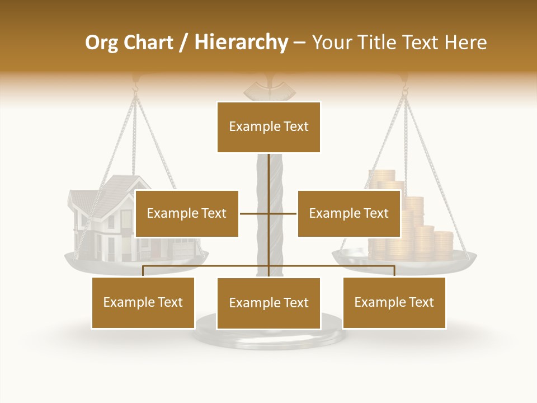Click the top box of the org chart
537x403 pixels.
[x=268, y=127]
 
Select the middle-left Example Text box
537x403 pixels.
[x=187, y=213]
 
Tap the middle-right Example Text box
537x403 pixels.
[x=349, y=213]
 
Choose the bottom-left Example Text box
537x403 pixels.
[x=143, y=302]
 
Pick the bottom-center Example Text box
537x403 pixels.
[x=268, y=303]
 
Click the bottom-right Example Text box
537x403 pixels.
[x=394, y=302]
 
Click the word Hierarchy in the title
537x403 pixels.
[x=241, y=42]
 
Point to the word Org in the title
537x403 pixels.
[x=101, y=43]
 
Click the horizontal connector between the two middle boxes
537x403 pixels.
[x=255, y=213]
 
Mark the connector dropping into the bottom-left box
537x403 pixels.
[x=143, y=271]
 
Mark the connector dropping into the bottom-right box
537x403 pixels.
[x=394, y=271]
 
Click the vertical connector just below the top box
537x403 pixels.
[x=268, y=168]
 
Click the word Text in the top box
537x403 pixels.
[x=293, y=126]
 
